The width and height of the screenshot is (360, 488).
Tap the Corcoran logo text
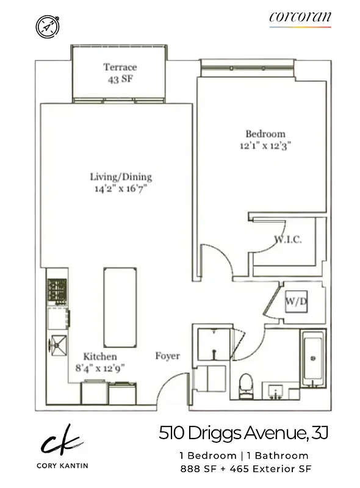pyautogui.click(x=300, y=18)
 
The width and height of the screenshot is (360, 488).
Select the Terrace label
pyautogui.click(x=120, y=67)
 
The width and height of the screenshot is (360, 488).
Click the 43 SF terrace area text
pyautogui.click(x=120, y=79)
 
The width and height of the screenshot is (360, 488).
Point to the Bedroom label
pyautogui.click(x=265, y=134)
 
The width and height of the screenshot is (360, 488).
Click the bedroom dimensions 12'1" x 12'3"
pyautogui.click(x=265, y=146)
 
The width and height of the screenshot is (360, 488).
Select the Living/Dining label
pyautogui.click(x=121, y=177)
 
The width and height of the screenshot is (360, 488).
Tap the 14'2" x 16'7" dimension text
pyautogui.click(x=121, y=188)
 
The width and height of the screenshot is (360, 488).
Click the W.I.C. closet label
pyautogui.click(x=287, y=240)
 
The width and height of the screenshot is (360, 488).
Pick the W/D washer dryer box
pyautogui.click(x=297, y=300)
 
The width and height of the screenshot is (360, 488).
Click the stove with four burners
pyautogui.click(x=57, y=292)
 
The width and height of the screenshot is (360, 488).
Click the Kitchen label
pyautogui.click(x=100, y=356)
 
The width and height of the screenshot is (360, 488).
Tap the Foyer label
pyautogui.click(x=167, y=356)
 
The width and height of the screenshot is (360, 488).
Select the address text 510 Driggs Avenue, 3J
pyautogui.click(x=243, y=434)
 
